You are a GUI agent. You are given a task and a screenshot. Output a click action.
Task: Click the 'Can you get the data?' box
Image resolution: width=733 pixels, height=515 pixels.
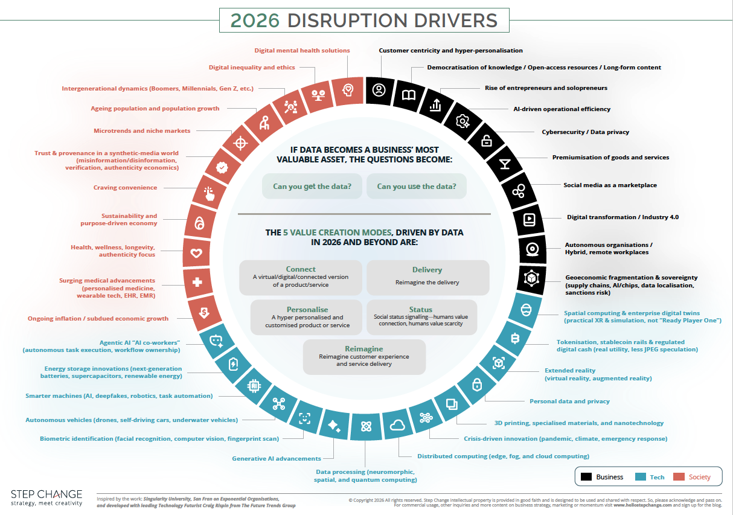tap(312, 187)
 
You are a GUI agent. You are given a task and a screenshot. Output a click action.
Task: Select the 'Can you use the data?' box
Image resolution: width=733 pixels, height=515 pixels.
tap(417, 187)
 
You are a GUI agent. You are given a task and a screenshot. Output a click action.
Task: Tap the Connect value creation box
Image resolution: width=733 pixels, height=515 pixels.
tap(301, 277)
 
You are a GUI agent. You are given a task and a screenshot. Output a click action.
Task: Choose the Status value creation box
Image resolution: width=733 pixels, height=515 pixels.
tap(421, 317)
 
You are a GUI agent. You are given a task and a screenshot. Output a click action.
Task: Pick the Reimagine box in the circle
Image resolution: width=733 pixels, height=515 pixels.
tap(364, 357)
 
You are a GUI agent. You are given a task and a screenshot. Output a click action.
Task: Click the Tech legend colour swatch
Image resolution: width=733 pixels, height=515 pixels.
tap(641, 477)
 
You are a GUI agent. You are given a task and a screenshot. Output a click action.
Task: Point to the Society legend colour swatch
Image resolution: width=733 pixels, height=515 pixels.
tap(680, 477)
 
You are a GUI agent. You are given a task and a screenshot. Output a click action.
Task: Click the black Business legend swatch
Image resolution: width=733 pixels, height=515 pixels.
tap(586, 477)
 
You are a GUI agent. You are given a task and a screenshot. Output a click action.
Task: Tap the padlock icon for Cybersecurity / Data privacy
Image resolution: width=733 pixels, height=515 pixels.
tap(486, 141)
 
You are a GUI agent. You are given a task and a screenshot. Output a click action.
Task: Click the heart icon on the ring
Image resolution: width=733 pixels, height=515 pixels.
tap(196, 253)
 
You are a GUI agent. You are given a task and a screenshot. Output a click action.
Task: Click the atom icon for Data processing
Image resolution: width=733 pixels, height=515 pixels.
tap(365, 427)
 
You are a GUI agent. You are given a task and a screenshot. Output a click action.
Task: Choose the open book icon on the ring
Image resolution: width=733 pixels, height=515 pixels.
tap(409, 95)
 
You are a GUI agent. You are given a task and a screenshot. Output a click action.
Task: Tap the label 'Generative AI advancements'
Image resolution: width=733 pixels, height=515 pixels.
tap(277, 459)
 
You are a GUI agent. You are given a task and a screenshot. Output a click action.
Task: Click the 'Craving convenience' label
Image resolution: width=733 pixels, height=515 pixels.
tap(125, 188)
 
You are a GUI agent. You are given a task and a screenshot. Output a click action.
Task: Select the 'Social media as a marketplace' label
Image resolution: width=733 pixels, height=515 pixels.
tap(610, 185)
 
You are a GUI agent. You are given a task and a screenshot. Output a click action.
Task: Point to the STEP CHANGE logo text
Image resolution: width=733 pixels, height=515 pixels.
tap(46, 494)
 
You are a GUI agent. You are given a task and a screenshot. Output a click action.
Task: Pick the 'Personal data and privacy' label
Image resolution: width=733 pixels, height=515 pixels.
tap(569, 401)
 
